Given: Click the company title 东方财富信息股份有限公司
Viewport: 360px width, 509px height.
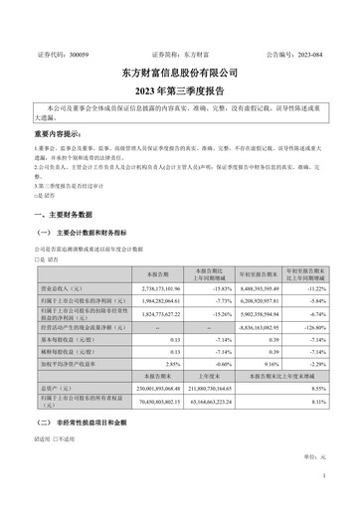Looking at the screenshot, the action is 180,73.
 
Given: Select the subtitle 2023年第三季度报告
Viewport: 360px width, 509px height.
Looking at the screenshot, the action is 180,88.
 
